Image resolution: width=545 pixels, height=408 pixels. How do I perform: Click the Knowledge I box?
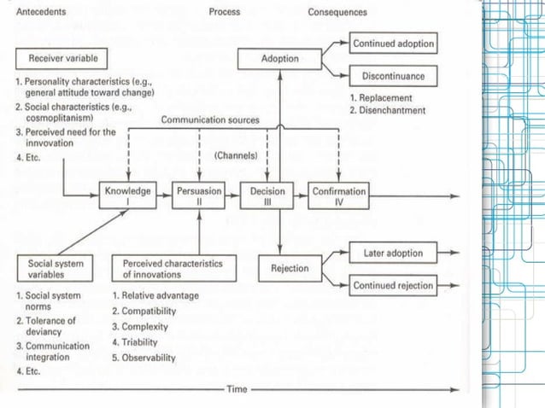[127, 197]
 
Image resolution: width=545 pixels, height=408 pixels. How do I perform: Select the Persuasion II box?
[198, 197]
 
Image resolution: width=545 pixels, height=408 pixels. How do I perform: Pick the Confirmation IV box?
[338, 197]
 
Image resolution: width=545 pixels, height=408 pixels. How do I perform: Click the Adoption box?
[280, 59]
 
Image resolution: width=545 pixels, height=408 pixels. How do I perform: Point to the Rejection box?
[289, 268]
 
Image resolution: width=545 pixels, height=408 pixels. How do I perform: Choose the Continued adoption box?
[394, 44]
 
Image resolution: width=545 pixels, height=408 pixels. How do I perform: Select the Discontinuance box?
[393, 76]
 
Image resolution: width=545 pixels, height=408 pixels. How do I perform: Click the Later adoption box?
[393, 254]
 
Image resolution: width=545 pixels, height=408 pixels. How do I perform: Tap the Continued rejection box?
[393, 285]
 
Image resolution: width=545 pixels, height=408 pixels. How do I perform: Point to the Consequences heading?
[338, 13]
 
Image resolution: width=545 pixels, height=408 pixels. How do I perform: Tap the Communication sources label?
[210, 119]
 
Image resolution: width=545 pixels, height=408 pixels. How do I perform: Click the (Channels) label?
[233, 158]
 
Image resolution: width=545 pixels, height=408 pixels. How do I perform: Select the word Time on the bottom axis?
[237, 389]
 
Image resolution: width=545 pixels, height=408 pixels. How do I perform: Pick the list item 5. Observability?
[144, 358]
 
